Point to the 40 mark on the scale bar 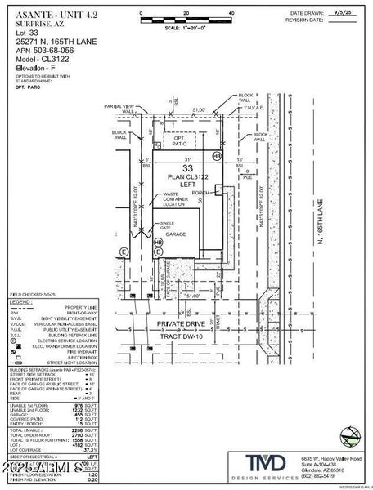click(x=231, y=15)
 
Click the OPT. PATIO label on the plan click(x=180, y=141)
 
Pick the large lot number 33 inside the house click(x=187, y=167)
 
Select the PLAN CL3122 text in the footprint click(x=188, y=179)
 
